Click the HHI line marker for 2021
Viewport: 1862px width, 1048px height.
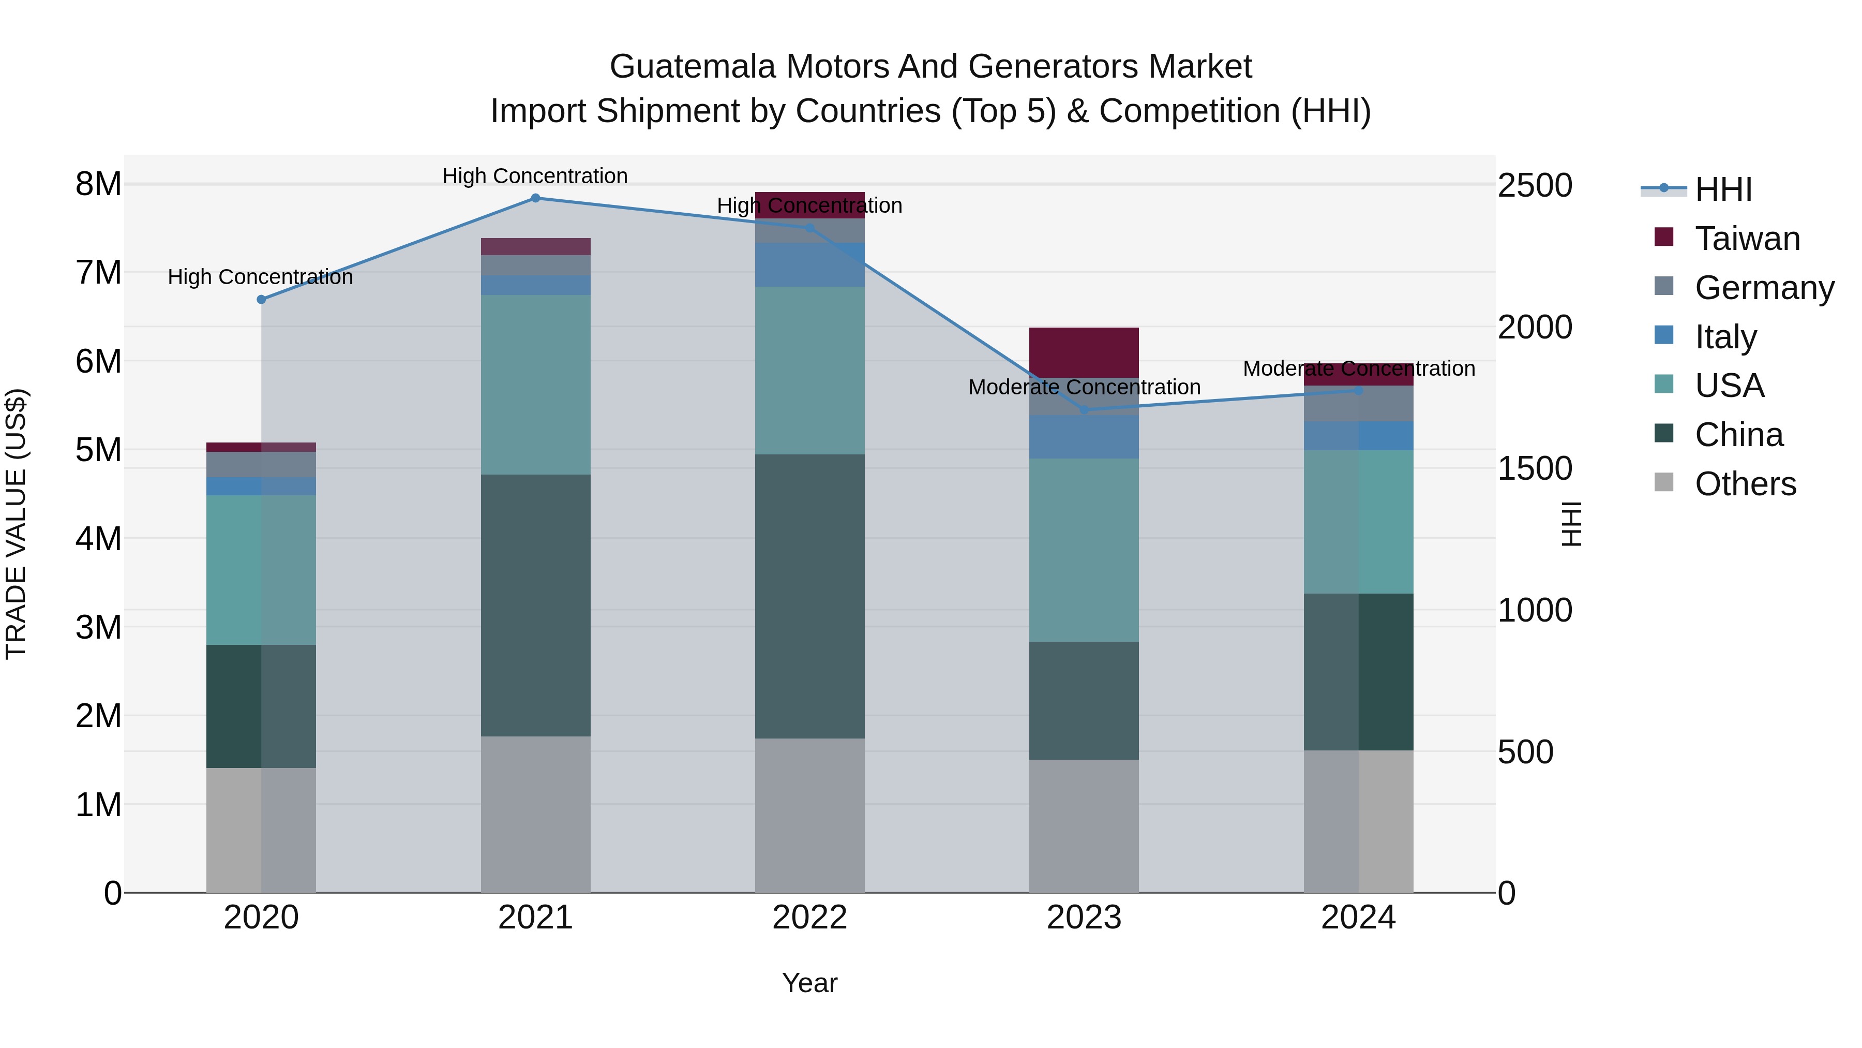pyautogui.click(x=535, y=198)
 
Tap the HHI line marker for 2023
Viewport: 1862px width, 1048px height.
pyautogui.click(x=1084, y=410)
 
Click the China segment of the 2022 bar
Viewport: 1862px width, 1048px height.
pyautogui.click(x=809, y=596)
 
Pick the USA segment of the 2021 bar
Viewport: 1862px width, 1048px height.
pyautogui.click(x=535, y=384)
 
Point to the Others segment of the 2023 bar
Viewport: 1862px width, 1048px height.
pyautogui.click(x=1084, y=825)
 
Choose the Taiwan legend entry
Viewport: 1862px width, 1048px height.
pyautogui.click(x=1746, y=239)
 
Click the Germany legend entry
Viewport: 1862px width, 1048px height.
pyautogui.click(x=1764, y=288)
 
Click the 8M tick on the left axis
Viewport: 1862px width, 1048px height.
pyautogui.click(x=98, y=184)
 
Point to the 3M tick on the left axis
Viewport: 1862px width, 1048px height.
pyautogui.click(x=98, y=627)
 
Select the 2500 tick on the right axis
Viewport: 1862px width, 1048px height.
pyautogui.click(x=1535, y=185)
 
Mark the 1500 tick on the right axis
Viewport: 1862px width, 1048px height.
pyautogui.click(x=1535, y=469)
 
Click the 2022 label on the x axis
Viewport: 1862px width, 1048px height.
pyautogui.click(x=809, y=918)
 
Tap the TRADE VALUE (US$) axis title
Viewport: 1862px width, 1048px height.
pyautogui.click(x=17, y=524)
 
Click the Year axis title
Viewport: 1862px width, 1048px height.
pyautogui.click(x=809, y=983)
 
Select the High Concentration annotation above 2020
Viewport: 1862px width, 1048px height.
pyautogui.click(x=260, y=277)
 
